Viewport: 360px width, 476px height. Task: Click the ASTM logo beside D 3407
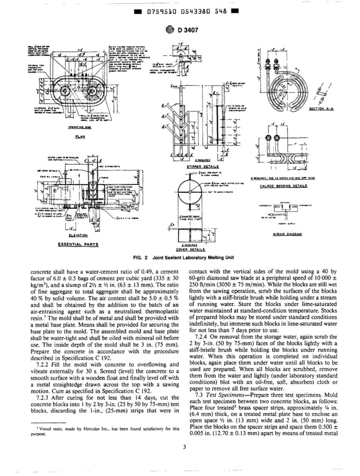169,30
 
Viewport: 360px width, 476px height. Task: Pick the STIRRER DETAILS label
203,166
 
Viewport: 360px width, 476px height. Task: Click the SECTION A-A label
321,109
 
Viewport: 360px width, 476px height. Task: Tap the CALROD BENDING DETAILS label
283,186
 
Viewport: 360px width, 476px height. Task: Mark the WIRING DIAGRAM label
287,234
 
